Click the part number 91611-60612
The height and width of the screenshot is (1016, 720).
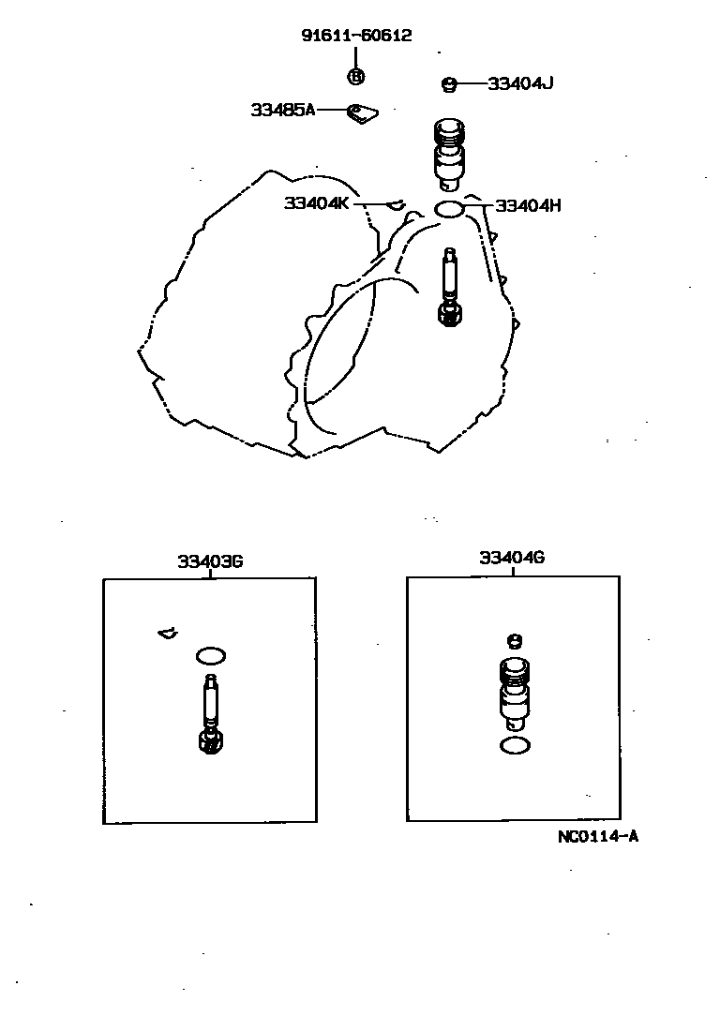click(356, 36)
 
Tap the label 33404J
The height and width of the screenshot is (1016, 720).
click(520, 83)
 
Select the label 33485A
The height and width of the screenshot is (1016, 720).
click(283, 111)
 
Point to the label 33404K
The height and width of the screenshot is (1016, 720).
click(316, 203)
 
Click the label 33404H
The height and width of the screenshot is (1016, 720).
click(528, 206)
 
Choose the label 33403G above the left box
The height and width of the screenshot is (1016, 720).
click(211, 561)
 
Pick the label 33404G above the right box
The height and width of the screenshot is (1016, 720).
click(512, 558)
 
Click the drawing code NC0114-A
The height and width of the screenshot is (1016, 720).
click(598, 837)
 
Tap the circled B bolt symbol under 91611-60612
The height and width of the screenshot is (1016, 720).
click(356, 77)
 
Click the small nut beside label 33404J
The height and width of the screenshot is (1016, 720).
click(449, 84)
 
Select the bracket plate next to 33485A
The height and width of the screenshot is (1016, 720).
click(362, 113)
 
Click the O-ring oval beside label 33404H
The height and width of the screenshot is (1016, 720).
click(448, 209)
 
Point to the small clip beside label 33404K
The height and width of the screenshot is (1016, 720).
click(396, 204)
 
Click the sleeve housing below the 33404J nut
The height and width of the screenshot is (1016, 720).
click(448, 155)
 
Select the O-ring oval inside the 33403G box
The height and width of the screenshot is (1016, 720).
click(211, 656)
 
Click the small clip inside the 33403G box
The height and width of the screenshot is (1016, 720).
click(168, 633)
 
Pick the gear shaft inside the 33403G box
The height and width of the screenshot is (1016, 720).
click(211, 714)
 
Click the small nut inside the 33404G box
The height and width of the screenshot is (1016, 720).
click(514, 641)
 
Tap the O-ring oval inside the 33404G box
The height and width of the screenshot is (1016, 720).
click(515, 746)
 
